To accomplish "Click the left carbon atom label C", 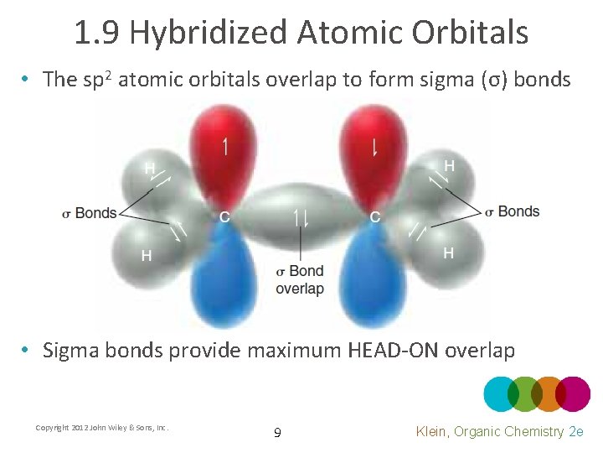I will (x=224, y=217).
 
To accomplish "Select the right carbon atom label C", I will (x=375, y=217).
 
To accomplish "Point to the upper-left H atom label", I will (x=150, y=168).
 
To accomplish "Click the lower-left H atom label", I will (x=147, y=255).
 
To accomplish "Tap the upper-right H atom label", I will (x=450, y=166).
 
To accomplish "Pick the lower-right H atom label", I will (x=449, y=253).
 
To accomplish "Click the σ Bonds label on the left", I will (x=90, y=213).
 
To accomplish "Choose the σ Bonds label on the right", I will (x=513, y=211).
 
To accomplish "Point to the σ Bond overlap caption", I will (x=300, y=280).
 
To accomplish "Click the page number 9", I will (x=277, y=433).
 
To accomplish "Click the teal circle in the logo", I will (x=502, y=394).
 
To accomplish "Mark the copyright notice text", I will (x=102, y=428).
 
